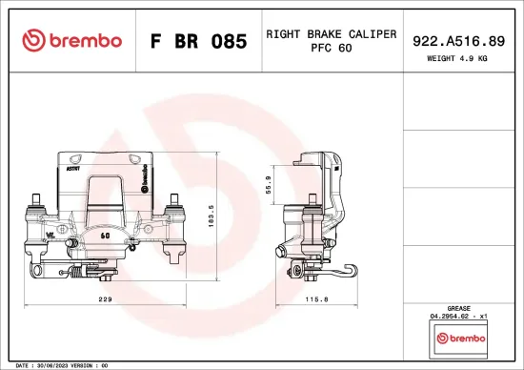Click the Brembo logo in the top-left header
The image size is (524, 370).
click(72, 40)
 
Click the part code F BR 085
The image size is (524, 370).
click(198, 41)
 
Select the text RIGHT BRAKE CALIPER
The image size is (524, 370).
click(331, 33)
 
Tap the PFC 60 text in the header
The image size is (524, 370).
click(331, 49)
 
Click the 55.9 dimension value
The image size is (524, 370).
click(269, 183)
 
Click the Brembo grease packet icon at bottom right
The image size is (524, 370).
click(460, 338)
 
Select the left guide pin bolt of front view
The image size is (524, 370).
click(35, 203)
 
